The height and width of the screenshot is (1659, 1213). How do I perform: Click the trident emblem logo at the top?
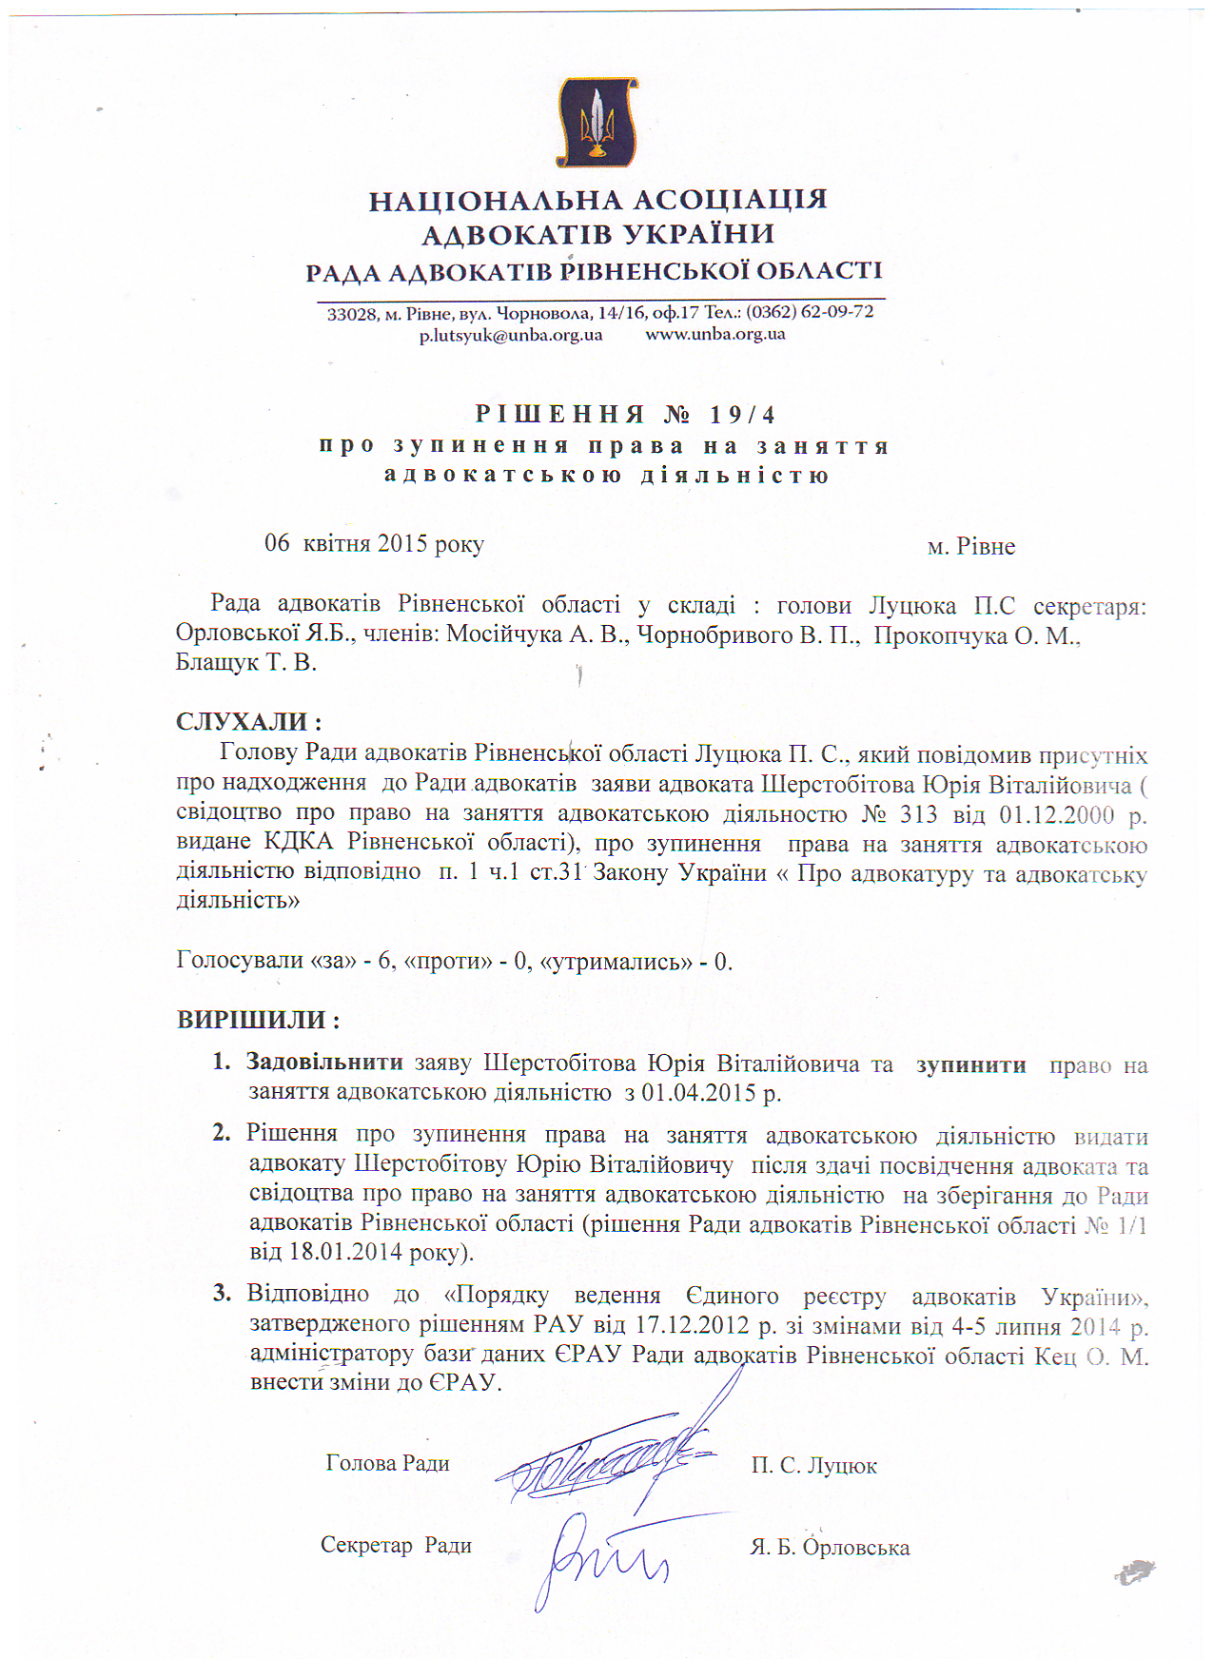coord(597,122)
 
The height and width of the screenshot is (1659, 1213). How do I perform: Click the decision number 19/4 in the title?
coord(742,415)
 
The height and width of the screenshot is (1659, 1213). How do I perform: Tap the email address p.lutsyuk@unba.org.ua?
coord(511,335)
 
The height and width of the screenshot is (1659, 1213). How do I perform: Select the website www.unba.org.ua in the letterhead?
coord(715,334)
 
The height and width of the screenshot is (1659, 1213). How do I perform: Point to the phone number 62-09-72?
coord(838,311)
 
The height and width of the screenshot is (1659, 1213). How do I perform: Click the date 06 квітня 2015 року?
coord(374,544)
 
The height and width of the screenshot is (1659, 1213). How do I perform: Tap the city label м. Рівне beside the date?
coord(970,547)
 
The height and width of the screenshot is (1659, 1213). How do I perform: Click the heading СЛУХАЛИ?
coord(248,722)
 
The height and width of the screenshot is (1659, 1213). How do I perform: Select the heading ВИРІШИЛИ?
coord(258,1020)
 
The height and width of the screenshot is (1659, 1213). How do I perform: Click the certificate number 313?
coord(917,815)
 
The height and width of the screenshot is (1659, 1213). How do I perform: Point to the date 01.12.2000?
coord(1056,816)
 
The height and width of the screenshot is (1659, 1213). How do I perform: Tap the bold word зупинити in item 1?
coord(970,1064)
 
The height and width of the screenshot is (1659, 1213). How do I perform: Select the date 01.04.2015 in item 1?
coord(698,1092)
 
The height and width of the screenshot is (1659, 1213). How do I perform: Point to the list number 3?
coord(222,1293)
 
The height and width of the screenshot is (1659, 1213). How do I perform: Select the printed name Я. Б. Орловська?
coord(830,1548)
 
